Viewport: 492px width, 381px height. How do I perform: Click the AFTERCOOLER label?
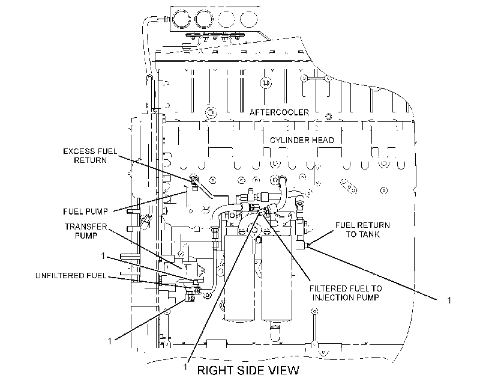pos(279,112)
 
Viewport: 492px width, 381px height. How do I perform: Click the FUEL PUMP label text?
pos(85,212)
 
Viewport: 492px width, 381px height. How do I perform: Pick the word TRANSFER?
pos(86,227)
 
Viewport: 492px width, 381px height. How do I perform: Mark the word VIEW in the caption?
pos(285,370)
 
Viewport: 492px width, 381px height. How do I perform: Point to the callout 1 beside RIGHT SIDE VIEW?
pos(185,367)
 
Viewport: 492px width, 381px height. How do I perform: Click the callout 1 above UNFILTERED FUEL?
pos(103,256)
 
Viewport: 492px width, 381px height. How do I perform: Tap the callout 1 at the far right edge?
pos(449,300)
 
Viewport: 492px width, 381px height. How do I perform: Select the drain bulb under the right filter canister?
pos(275,332)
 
